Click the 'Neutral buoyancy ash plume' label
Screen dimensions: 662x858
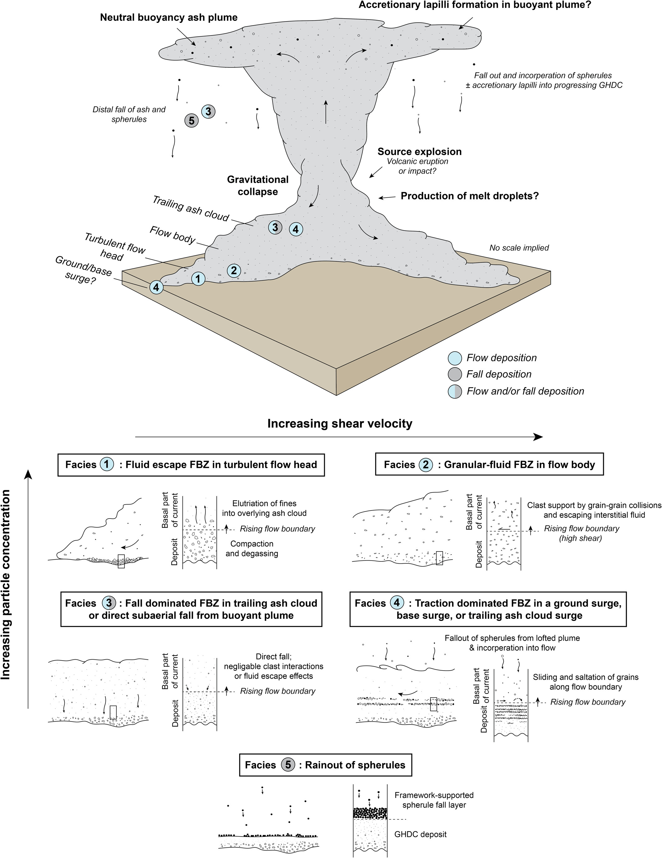(x=169, y=17)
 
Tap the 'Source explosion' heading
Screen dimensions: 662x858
(x=419, y=152)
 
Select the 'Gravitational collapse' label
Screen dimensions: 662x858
(x=258, y=185)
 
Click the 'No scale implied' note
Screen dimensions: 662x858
(x=519, y=248)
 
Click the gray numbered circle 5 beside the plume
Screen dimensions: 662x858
(x=191, y=121)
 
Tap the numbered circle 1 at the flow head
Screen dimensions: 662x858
(x=198, y=279)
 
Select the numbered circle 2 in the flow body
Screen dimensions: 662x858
(x=234, y=270)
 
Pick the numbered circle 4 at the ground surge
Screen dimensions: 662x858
(x=156, y=288)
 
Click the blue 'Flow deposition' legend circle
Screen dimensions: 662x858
(x=455, y=358)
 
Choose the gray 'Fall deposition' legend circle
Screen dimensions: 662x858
(x=455, y=375)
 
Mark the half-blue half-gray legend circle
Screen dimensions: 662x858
(x=455, y=392)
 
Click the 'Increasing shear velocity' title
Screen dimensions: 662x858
(x=340, y=423)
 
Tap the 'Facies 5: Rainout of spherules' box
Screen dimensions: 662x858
(x=325, y=765)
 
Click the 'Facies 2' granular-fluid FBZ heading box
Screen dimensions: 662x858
(x=489, y=465)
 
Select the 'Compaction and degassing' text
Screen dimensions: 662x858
(x=252, y=549)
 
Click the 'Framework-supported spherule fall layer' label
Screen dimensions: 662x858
(x=434, y=800)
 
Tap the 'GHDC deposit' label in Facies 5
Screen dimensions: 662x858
(x=420, y=834)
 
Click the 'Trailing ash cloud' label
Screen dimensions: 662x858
(x=191, y=209)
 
